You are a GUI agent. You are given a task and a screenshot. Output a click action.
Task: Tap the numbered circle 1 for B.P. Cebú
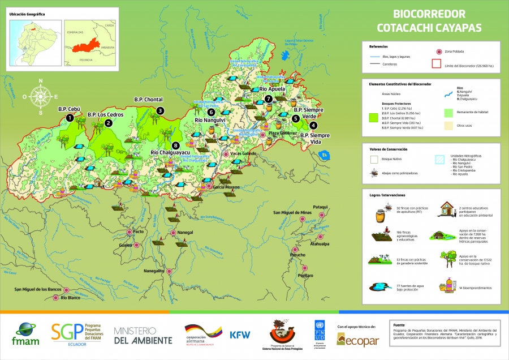coord(69,118)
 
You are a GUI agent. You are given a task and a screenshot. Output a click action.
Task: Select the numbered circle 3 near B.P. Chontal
coord(160,111)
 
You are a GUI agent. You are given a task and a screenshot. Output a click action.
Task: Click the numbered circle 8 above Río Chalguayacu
coord(176,144)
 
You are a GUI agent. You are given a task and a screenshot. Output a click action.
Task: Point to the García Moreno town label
coord(226,186)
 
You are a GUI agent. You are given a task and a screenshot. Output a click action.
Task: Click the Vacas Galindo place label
coord(244,154)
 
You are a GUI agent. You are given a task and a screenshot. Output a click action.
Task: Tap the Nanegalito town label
coord(154,271)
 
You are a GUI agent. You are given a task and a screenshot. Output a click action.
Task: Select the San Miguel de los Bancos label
coord(37,289)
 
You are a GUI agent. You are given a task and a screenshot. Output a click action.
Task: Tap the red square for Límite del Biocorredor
coord(436,64)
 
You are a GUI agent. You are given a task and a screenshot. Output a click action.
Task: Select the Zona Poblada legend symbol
coord(436,52)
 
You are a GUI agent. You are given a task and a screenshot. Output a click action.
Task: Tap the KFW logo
coord(240,335)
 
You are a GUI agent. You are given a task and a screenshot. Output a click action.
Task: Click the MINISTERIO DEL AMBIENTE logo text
coord(143,335)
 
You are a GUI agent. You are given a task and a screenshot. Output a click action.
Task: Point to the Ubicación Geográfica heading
coord(28,13)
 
